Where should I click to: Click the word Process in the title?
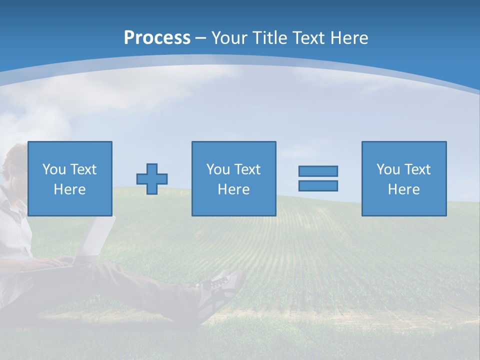click(x=157, y=38)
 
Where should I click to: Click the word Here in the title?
click(x=349, y=38)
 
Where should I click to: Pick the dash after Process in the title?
click(x=201, y=38)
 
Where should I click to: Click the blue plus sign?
click(x=152, y=179)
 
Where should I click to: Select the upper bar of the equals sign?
click(x=318, y=171)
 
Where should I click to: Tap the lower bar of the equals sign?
click(x=318, y=185)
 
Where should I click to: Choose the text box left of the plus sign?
click(x=70, y=178)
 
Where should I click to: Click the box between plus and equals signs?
click(x=233, y=178)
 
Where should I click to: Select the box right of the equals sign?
click(x=404, y=178)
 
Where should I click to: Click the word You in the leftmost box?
click(x=53, y=169)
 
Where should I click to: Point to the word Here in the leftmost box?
click(x=70, y=189)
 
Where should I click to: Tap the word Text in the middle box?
click(x=247, y=169)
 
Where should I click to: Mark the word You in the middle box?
click(x=218, y=169)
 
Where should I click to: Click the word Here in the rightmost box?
click(x=404, y=189)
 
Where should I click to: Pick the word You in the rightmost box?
click(x=388, y=169)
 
